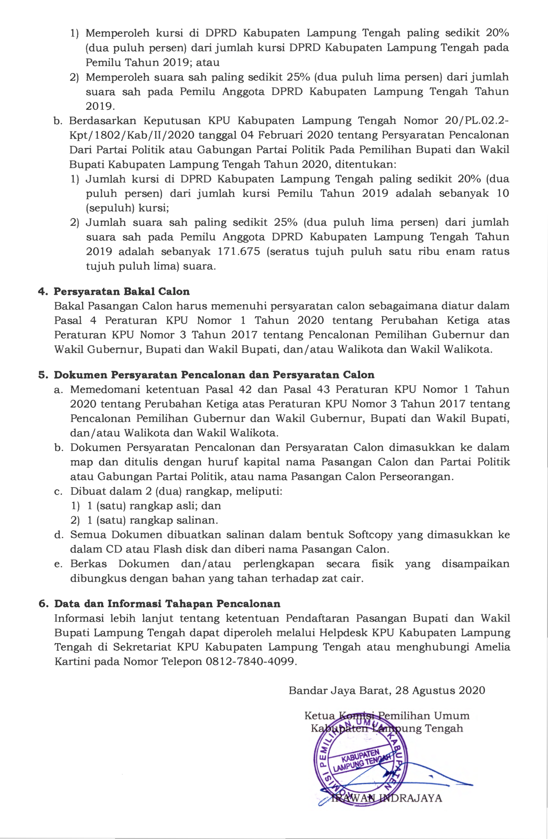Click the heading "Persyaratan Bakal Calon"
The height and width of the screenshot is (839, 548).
tap(121, 292)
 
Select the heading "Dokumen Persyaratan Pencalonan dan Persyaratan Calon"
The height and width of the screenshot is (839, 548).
tap(214, 375)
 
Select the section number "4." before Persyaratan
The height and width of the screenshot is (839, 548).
tap(43, 292)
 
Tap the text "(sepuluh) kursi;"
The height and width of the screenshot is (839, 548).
tap(128, 208)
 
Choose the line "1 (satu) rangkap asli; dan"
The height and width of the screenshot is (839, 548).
tap(154, 506)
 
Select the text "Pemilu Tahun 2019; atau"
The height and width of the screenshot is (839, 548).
tap(153, 63)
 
